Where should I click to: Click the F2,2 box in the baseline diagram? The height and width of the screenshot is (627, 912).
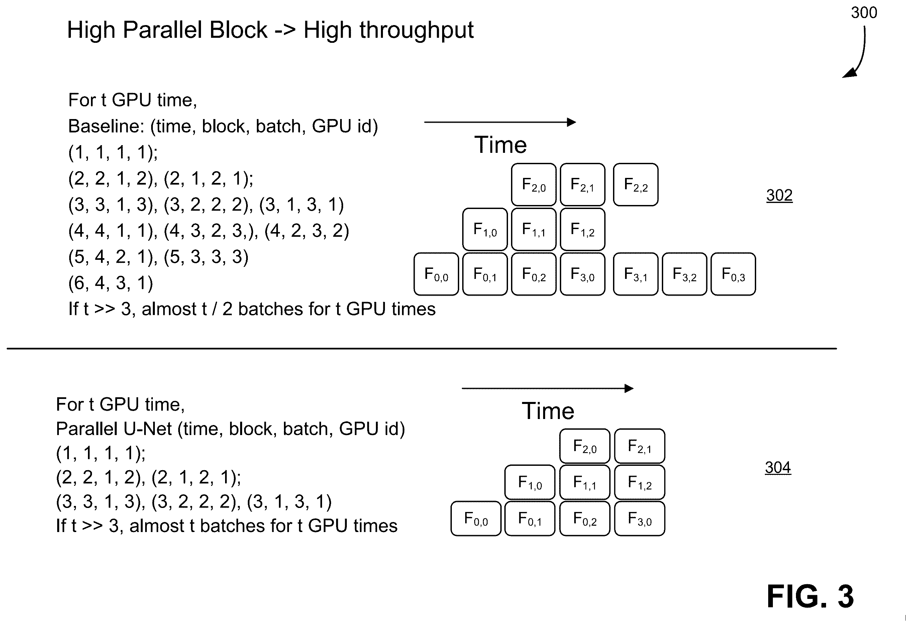[635, 185]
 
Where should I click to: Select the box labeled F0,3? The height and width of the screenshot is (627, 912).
[733, 274]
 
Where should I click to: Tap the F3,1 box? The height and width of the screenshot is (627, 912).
[635, 274]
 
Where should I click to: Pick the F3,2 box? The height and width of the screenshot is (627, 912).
[685, 274]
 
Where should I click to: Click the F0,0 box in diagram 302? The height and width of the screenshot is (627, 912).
[436, 274]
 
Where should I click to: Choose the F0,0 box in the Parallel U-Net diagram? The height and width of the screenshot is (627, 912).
[476, 519]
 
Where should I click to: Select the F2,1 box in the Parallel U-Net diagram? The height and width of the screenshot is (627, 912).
[640, 446]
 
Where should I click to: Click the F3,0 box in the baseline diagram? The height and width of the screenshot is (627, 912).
[582, 274]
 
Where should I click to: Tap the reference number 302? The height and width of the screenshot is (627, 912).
[779, 195]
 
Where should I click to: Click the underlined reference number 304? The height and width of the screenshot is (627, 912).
[778, 467]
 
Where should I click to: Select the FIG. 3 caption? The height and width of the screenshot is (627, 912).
[810, 596]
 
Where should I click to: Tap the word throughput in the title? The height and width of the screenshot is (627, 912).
[389, 30]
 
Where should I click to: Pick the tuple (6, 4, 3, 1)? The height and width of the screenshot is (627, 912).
[111, 283]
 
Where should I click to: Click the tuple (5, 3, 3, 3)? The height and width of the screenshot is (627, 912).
[206, 257]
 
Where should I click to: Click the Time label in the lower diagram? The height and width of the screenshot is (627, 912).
[548, 411]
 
